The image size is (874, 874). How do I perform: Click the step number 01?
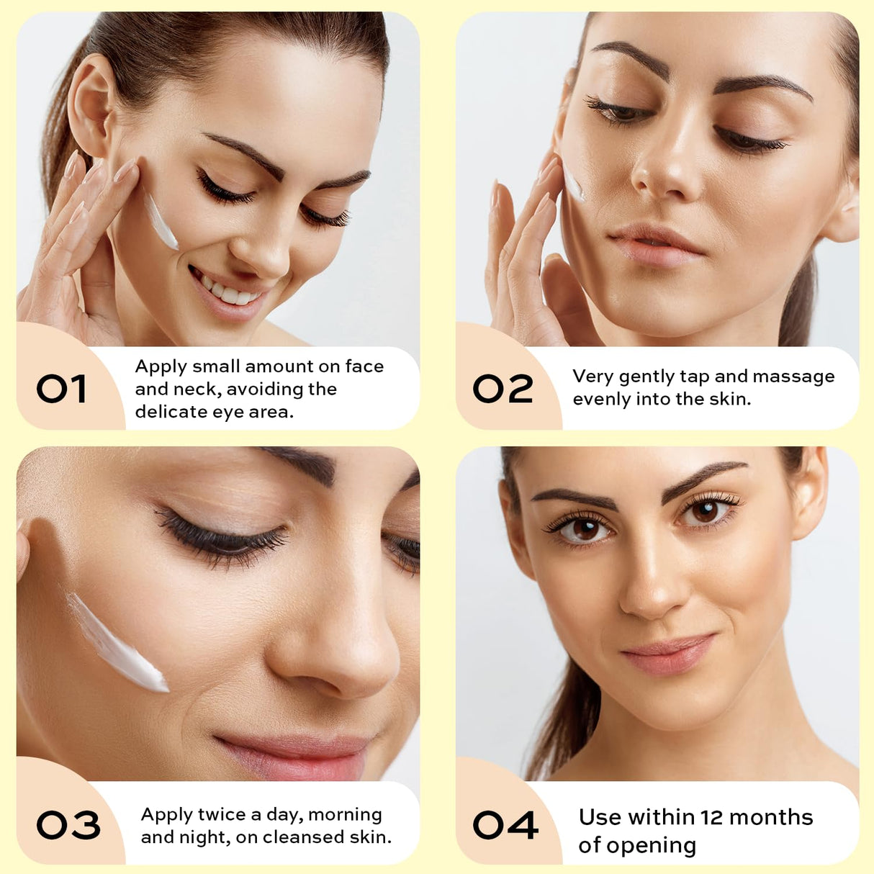pos(62,389)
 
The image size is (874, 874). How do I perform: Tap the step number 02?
pos(503,389)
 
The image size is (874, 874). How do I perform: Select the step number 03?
pos(68,825)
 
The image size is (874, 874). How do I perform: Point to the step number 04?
pos(505,825)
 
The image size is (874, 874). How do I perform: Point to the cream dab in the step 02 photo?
pos(574,184)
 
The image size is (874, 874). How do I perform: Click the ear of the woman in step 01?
pos(90,104)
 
